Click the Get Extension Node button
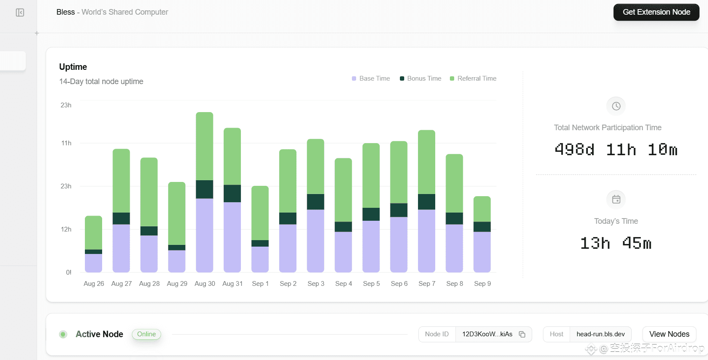[656, 13]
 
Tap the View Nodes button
[669, 334]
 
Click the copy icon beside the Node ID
[522, 335]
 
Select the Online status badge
[147, 334]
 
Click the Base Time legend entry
[371, 78]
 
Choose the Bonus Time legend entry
[421, 78]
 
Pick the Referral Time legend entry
[473, 78]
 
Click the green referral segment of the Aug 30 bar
[205, 146]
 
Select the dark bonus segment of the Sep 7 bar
[426, 202]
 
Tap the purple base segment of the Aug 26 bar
[94, 263]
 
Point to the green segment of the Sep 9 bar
[482, 209]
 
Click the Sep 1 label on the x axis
[260, 284]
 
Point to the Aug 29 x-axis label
[177, 284]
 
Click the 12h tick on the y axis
[66, 229]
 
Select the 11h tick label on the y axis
[66, 143]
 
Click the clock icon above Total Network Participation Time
[616, 106]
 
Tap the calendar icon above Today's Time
[616, 200]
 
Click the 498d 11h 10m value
[616, 150]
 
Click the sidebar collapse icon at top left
[20, 13]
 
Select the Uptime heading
[73, 67]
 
